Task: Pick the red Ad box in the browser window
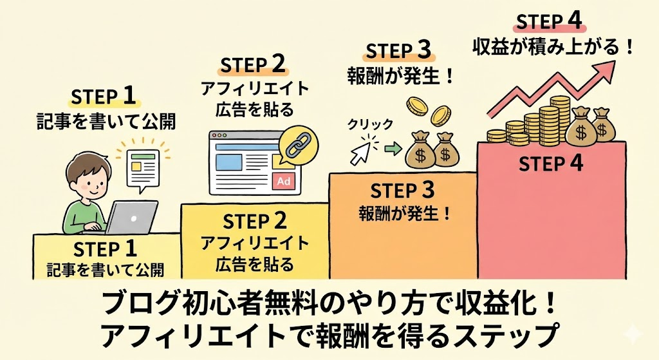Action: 284,182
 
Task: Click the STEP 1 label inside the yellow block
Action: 106,249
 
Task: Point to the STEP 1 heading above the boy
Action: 104,96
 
